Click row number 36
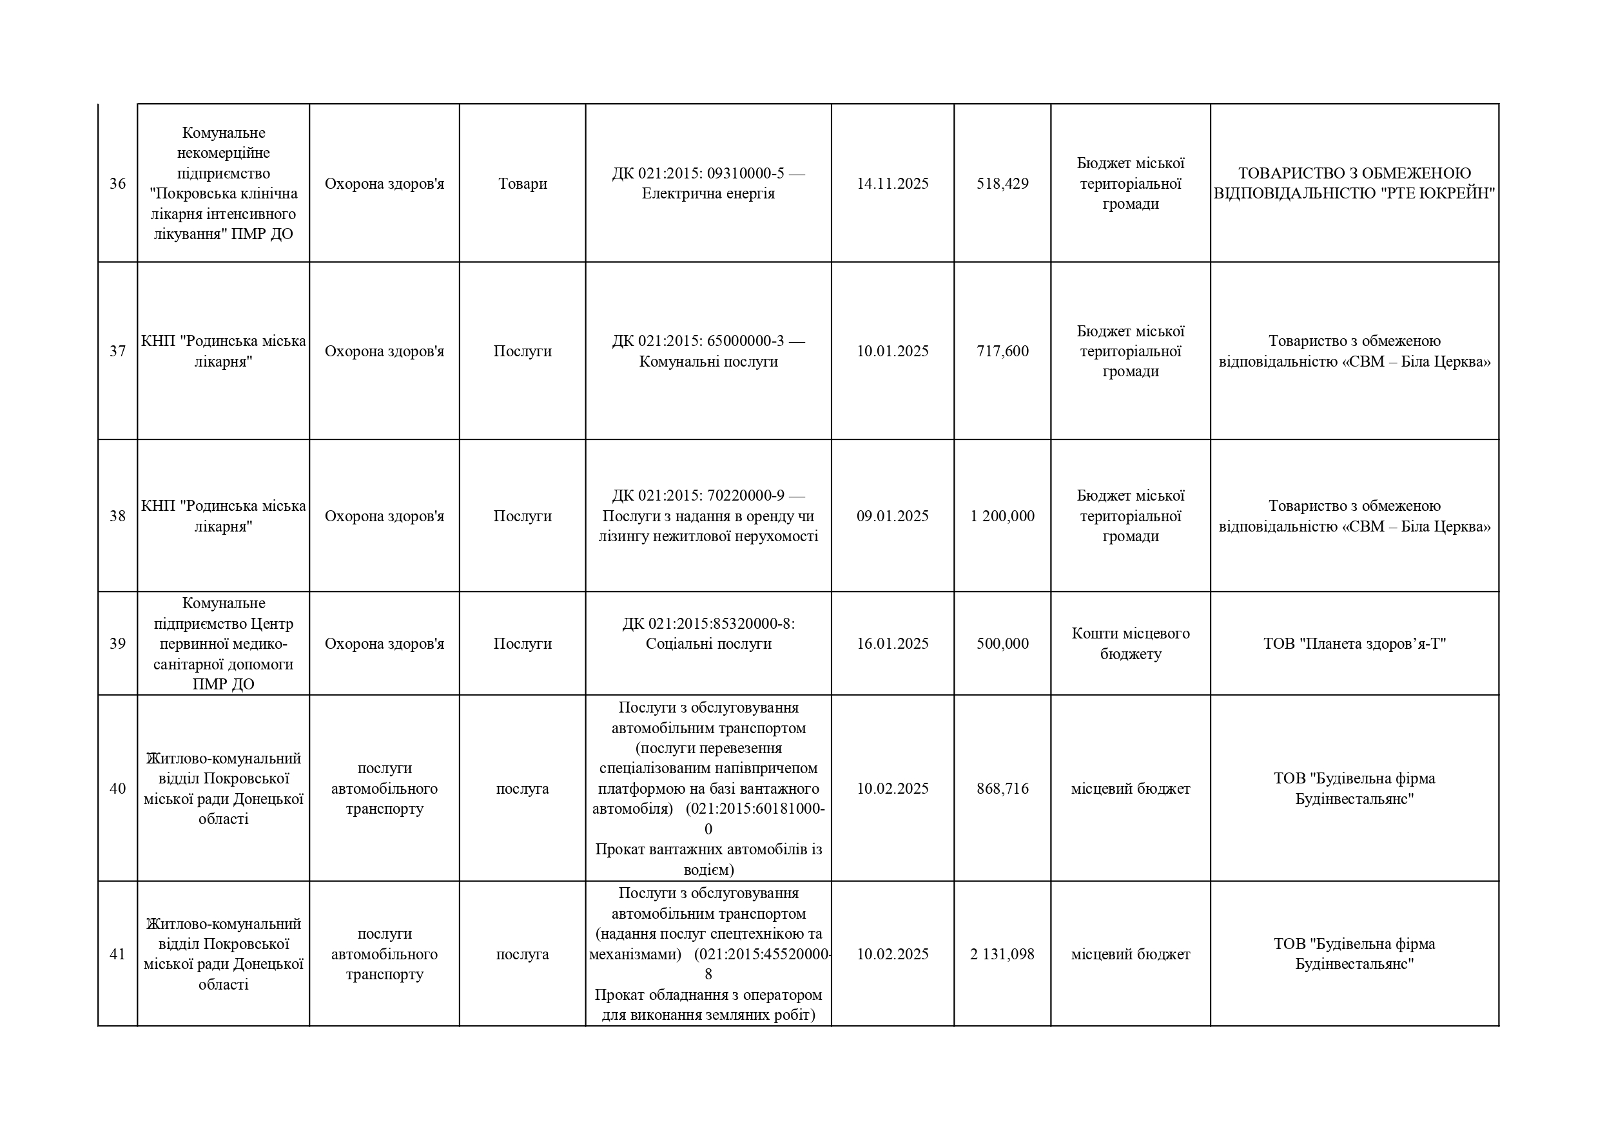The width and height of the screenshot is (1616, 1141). click(117, 184)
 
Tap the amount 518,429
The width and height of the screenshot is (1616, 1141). click(1002, 184)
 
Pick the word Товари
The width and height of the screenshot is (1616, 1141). click(522, 184)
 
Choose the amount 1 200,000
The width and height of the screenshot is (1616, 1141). click(1002, 516)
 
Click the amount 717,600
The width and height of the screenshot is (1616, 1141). click(1002, 351)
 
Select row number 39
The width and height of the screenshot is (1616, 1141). click(117, 644)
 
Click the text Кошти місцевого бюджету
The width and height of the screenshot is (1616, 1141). click(1131, 644)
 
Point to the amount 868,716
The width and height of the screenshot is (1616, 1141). click(1002, 789)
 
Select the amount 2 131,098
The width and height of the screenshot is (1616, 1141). click(1002, 955)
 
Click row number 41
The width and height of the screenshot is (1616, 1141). click(117, 955)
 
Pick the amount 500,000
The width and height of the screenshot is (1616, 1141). click(1002, 644)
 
